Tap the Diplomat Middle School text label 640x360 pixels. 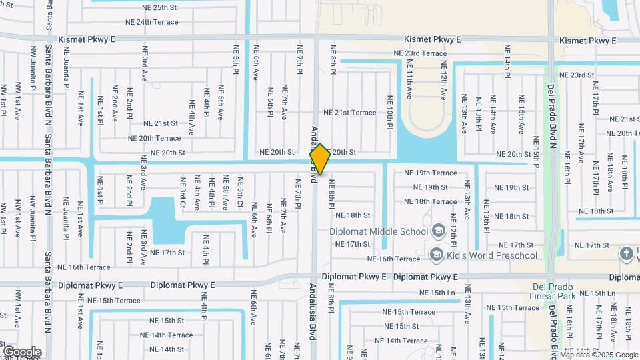coord(379,232)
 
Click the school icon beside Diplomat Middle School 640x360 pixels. coord(438,231)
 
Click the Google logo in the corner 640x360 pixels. coord(22,351)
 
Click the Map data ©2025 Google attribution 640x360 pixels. coord(599,355)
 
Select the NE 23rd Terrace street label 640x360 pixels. coord(420,53)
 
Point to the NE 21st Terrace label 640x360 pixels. coord(350,113)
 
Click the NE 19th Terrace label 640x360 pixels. coord(431,173)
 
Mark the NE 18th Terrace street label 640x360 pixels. coord(431,201)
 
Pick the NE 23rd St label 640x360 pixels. coord(577,75)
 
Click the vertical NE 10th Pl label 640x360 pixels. coord(390,111)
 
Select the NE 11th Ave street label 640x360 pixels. coord(409,80)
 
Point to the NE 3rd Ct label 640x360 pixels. coord(182,192)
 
